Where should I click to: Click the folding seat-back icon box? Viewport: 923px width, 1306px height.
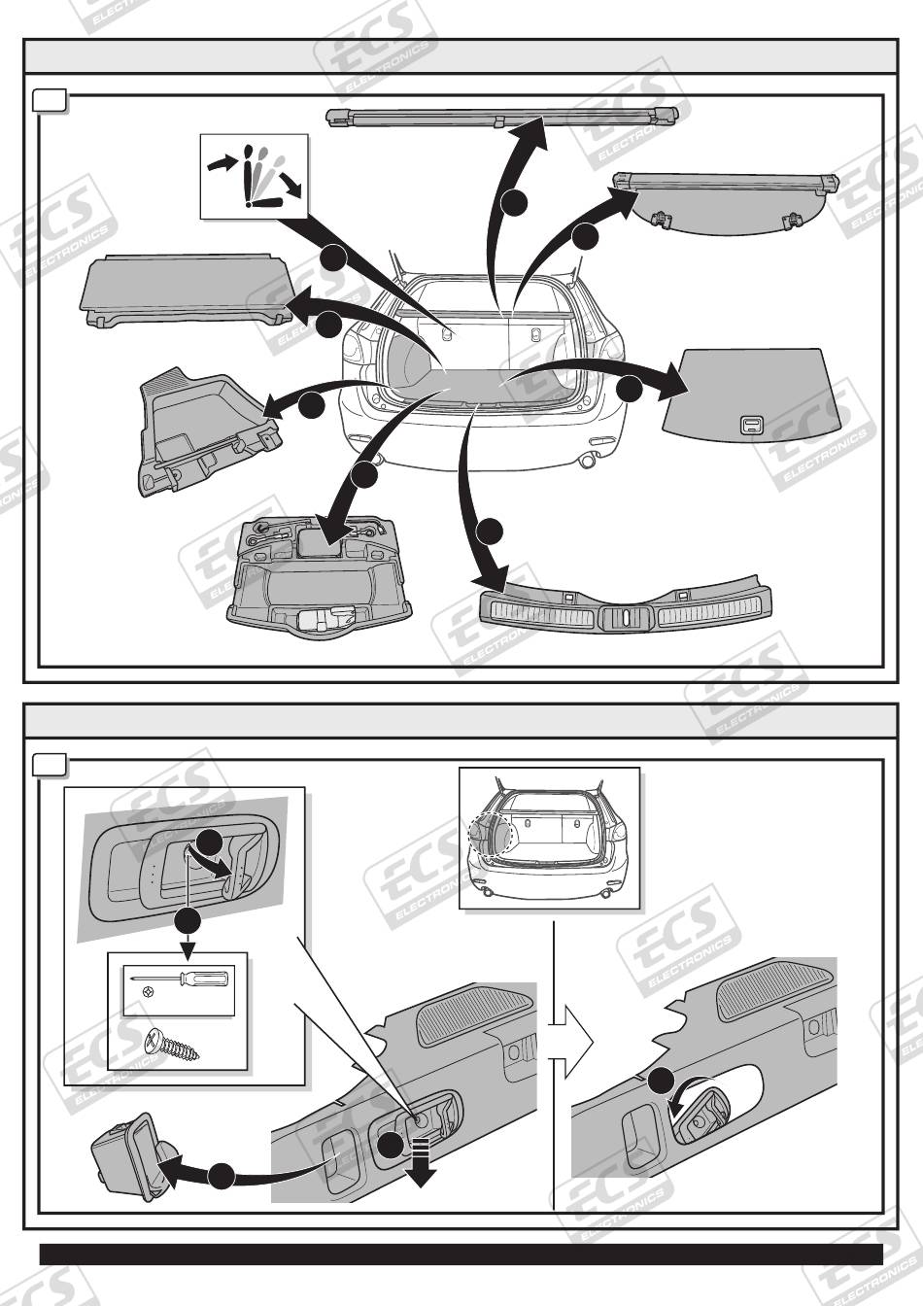tap(255, 175)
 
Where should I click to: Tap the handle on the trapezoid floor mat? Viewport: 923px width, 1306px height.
tap(750, 424)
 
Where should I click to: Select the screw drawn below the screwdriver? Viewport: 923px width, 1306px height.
tap(173, 1046)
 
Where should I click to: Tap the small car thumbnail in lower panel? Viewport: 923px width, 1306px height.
tap(550, 838)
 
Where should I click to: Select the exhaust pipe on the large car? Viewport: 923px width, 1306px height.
tap(586, 461)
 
